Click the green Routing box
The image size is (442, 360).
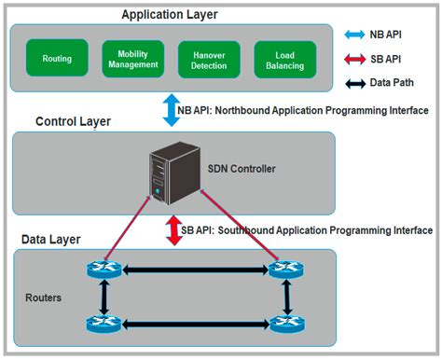tap(57, 59)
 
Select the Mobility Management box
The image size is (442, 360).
tap(132, 58)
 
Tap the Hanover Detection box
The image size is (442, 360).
tap(209, 59)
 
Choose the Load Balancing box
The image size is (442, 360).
tap(284, 59)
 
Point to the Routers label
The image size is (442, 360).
tap(44, 299)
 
